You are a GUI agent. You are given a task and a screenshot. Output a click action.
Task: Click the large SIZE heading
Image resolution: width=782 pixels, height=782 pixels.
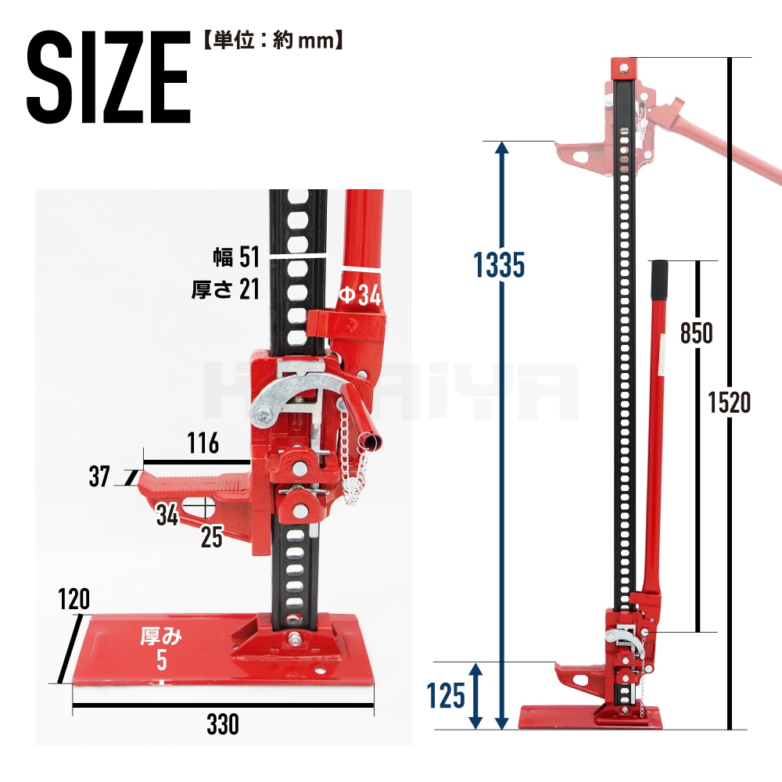(109, 77)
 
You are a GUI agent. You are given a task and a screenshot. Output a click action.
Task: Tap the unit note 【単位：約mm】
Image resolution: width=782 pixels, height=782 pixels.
(273, 40)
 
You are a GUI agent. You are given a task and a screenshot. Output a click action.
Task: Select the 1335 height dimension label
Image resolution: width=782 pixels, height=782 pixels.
(499, 265)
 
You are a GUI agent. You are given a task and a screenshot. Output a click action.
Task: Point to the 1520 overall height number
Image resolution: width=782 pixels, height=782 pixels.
(730, 403)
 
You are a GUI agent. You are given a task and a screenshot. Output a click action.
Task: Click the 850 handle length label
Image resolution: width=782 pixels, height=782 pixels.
(696, 333)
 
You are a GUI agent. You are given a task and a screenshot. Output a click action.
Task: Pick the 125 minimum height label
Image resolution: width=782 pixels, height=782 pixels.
(446, 695)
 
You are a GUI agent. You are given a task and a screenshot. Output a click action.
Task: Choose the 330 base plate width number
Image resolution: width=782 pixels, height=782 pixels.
(223, 724)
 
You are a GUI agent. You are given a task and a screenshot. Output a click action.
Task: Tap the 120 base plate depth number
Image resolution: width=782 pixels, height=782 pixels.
(74, 599)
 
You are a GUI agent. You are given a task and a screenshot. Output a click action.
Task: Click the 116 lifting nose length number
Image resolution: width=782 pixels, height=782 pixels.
(203, 443)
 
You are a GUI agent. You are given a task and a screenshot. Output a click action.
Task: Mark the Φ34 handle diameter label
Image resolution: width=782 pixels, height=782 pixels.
(360, 296)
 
